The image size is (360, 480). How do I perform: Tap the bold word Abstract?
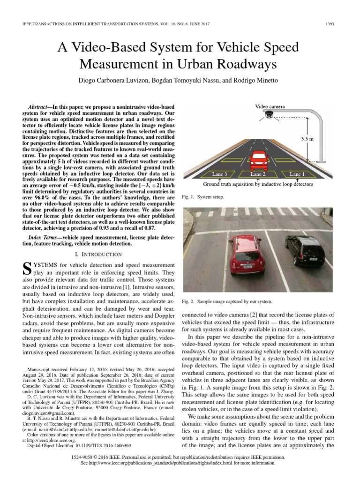(x=39, y=107)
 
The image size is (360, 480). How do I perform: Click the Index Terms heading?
(x=43, y=237)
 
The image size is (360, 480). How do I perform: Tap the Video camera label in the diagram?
(x=270, y=107)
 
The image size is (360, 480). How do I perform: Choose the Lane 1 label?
(x=296, y=174)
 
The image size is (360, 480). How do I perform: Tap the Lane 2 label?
(x=257, y=174)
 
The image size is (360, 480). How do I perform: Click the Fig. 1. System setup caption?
(x=202, y=197)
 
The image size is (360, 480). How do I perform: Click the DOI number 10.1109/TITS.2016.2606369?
(x=100, y=445)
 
